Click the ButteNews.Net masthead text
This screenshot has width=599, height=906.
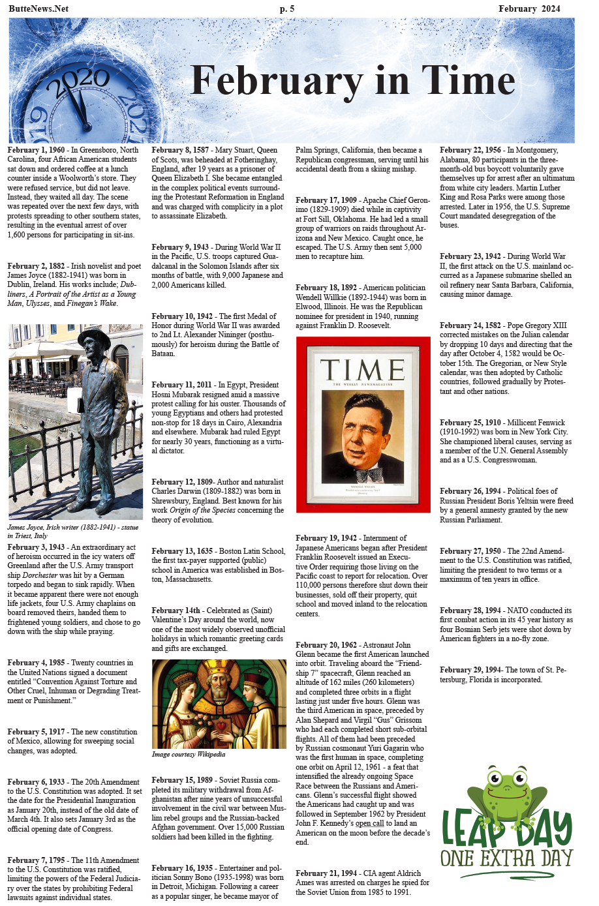coord(38,8)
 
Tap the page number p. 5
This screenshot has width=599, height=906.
coord(287,8)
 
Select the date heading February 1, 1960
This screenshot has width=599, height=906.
coord(37,150)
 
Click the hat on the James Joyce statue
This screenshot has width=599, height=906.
coord(93,338)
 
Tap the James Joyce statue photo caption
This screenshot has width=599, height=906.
coord(72,531)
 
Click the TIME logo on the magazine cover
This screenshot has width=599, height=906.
coord(363,370)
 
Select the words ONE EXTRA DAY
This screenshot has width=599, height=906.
coord(506,858)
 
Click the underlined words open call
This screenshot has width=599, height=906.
coord(369,823)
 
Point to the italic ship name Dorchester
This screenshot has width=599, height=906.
coord(40,575)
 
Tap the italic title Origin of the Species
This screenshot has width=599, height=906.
coord(202,510)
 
